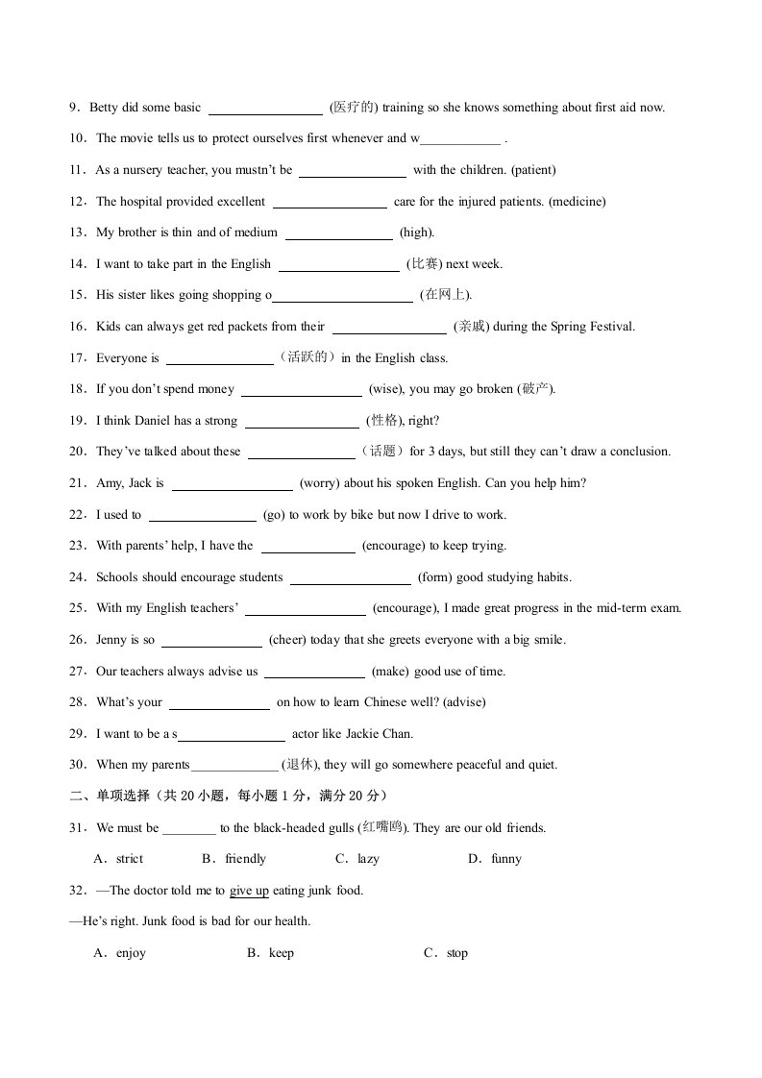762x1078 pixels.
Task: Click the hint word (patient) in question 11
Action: pyautogui.click(x=533, y=170)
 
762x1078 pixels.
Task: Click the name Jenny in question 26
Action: pyautogui.click(x=112, y=640)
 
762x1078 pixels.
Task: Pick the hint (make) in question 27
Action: pyautogui.click(x=390, y=672)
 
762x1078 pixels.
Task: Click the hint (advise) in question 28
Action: pyautogui.click(x=464, y=702)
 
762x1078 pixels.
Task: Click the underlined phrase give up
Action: pyautogui.click(x=249, y=891)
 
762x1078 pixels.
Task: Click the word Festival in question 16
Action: pyautogui.click(x=610, y=327)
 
